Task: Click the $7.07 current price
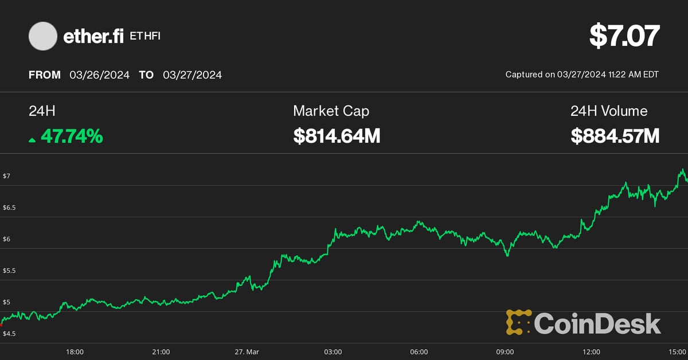coord(624,36)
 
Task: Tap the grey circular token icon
coord(43,36)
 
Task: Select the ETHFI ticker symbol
coord(145,37)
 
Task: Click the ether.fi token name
coord(93,37)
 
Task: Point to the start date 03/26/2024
coord(99,75)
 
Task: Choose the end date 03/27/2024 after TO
coord(192,75)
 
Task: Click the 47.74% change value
coord(72,136)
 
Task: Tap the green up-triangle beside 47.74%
coord(32,139)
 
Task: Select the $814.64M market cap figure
coord(337,136)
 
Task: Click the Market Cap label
coord(331,111)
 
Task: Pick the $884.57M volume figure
coord(615,136)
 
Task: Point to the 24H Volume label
coord(609,111)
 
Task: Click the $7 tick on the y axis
coord(6,176)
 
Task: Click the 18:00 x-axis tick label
coord(75,351)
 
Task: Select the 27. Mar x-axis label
coord(247,351)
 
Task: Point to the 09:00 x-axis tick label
coord(505,351)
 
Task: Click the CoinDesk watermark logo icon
coord(518,322)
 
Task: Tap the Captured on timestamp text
coord(582,75)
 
